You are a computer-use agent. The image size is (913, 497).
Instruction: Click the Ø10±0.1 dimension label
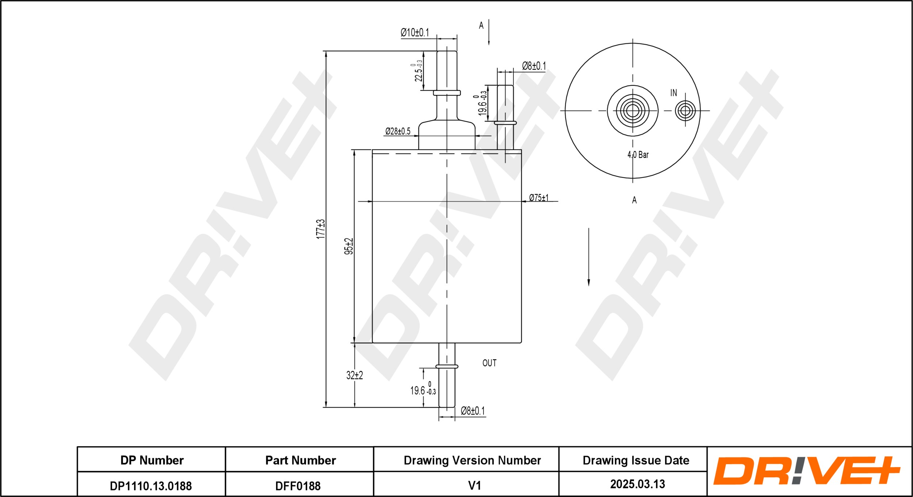click(x=415, y=32)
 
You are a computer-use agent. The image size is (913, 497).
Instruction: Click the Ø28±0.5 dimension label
click(x=398, y=131)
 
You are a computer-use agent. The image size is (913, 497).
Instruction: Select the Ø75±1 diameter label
click(x=539, y=198)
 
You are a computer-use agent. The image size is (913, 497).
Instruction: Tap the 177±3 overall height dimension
click(x=320, y=229)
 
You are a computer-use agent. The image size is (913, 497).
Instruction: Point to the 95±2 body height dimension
click(x=349, y=246)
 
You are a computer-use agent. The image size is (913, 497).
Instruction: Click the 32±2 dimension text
click(x=354, y=375)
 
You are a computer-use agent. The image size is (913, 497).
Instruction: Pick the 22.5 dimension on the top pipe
click(x=418, y=71)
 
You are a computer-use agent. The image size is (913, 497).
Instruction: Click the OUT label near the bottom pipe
click(x=489, y=363)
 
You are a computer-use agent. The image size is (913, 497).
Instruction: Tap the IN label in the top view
click(x=673, y=93)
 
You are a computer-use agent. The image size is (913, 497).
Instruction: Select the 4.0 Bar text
click(x=638, y=155)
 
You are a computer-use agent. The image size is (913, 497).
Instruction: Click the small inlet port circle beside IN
click(x=685, y=111)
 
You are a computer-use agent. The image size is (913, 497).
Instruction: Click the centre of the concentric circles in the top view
click(x=633, y=111)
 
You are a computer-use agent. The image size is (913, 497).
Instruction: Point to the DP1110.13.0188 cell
click(x=151, y=486)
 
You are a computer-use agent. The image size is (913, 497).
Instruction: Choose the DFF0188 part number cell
click(x=298, y=486)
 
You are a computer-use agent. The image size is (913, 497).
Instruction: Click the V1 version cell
click(x=474, y=486)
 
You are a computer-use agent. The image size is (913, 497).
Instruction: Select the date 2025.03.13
click(x=637, y=484)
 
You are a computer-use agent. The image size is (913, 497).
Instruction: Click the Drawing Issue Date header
click(x=636, y=461)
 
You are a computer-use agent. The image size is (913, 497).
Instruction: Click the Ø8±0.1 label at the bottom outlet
click(x=473, y=411)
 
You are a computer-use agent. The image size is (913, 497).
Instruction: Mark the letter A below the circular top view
click(x=634, y=200)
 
